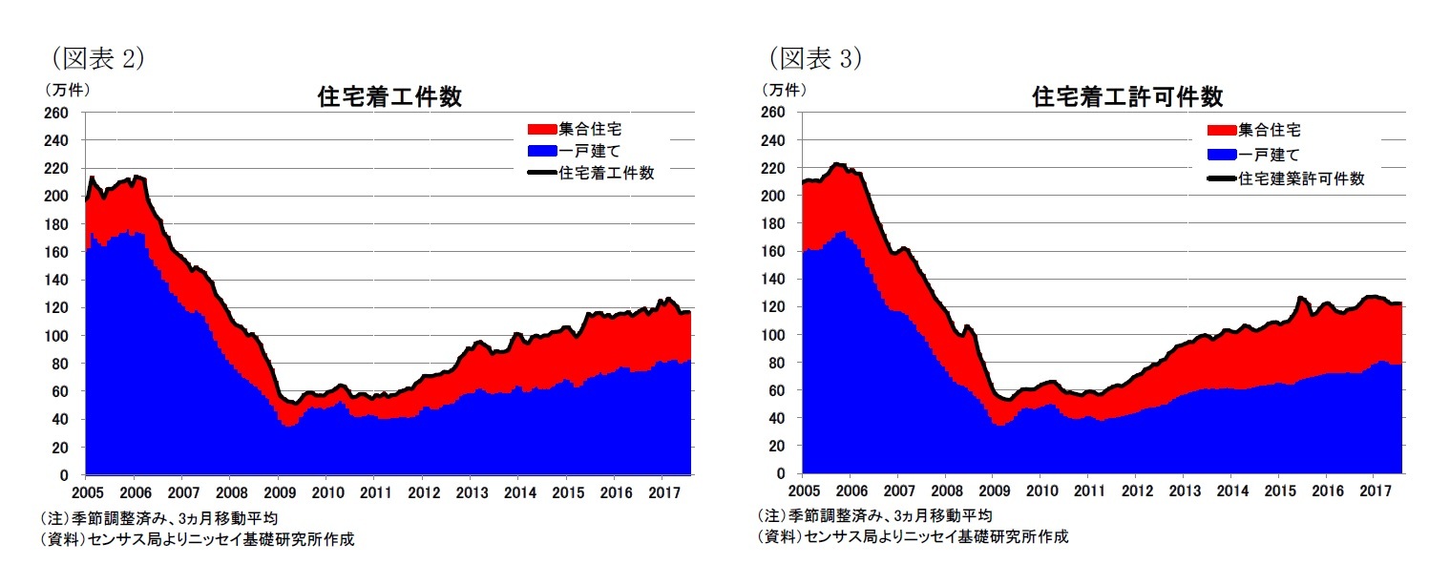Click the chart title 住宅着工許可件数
pos(1127,97)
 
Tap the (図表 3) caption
pos(816,58)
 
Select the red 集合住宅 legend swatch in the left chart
pos(541,129)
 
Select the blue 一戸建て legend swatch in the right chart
pos(1222,155)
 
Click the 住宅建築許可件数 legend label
pos(1302,178)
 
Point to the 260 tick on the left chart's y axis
pos(56,114)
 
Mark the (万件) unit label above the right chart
pos(783,90)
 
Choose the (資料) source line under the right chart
pos(913,536)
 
